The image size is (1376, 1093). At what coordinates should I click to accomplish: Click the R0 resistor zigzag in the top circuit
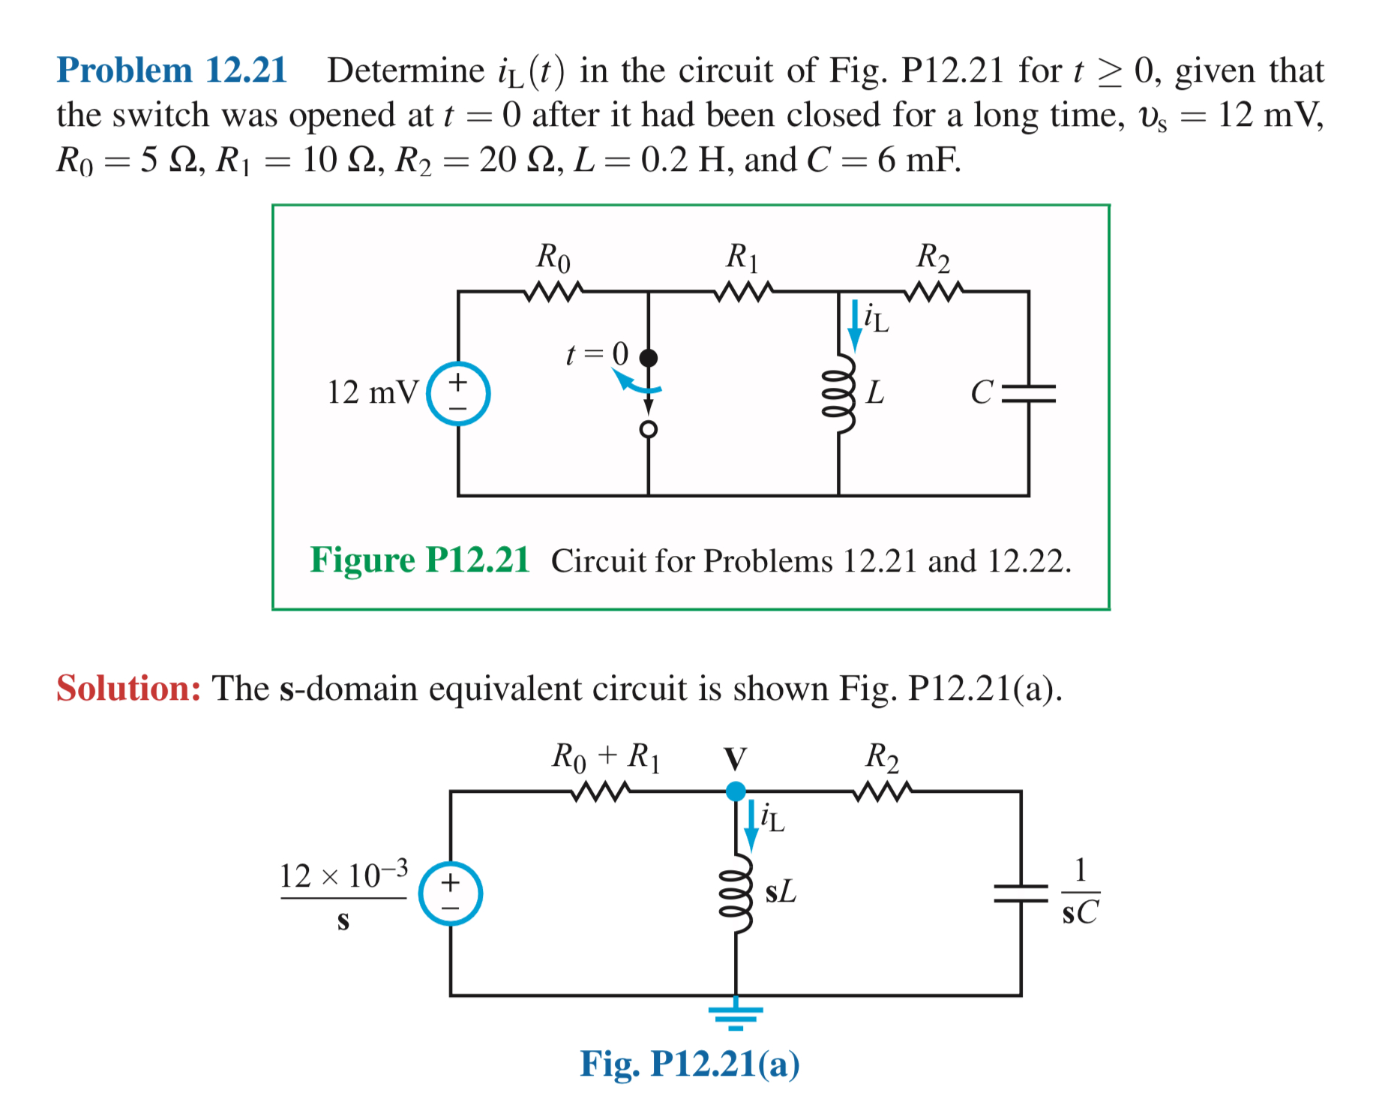click(553, 292)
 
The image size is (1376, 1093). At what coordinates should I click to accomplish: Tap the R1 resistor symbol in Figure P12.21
click(744, 292)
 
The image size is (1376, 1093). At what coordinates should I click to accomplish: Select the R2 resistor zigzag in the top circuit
click(934, 292)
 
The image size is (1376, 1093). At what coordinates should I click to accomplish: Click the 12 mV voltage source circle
click(458, 393)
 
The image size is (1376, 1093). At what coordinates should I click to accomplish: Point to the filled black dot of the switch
click(649, 358)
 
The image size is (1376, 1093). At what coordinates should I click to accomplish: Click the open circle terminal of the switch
click(649, 429)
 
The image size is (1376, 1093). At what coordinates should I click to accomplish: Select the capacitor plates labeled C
click(1029, 393)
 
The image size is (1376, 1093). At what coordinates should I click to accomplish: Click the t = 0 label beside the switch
click(597, 353)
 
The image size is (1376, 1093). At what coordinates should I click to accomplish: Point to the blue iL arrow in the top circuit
click(854, 326)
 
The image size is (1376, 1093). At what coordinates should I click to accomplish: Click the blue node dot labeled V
click(736, 791)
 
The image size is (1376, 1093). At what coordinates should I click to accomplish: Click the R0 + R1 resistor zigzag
click(601, 791)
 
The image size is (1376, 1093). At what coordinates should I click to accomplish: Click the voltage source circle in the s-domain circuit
click(450, 893)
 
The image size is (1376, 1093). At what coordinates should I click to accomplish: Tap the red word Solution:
click(129, 688)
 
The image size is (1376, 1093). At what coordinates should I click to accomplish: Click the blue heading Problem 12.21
click(172, 71)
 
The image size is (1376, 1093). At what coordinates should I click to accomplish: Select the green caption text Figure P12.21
click(420, 560)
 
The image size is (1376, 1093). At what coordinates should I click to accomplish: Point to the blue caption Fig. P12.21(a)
click(690, 1064)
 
